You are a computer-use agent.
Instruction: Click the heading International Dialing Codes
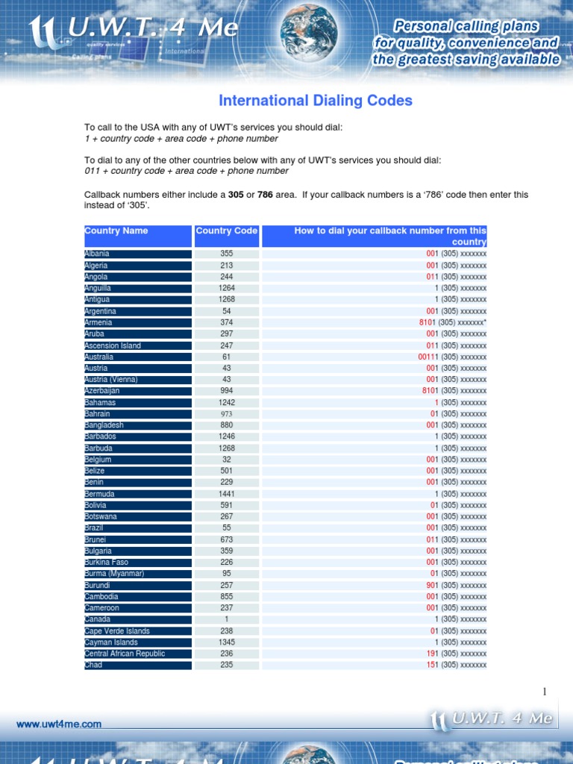pos(315,101)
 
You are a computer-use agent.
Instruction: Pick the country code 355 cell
pos(226,254)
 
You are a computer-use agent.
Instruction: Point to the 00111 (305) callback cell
pos(451,357)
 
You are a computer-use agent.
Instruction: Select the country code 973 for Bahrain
pos(226,414)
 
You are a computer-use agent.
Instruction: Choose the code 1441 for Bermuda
pos(226,494)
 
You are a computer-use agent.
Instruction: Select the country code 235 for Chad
pos(226,665)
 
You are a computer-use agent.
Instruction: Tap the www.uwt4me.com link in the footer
pos(59,724)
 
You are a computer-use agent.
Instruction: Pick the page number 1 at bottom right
pos(545,692)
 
